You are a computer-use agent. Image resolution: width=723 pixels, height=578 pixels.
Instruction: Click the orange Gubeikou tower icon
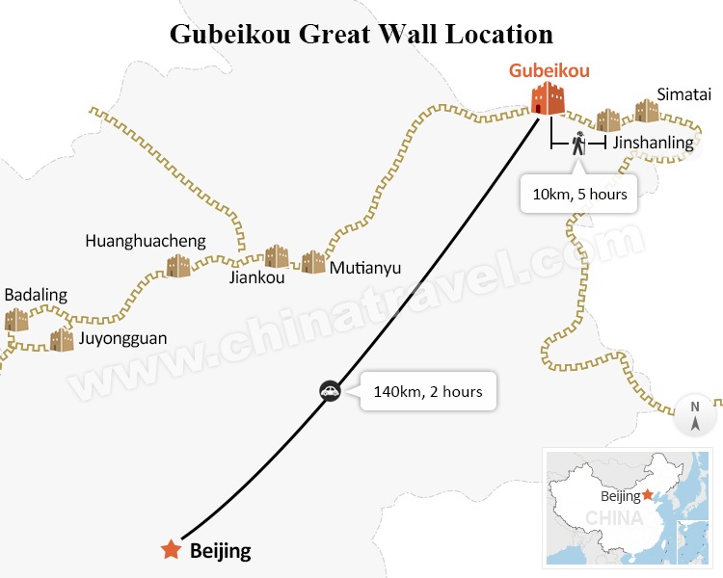(x=549, y=98)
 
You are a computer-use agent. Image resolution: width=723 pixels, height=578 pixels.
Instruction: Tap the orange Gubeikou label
(x=549, y=70)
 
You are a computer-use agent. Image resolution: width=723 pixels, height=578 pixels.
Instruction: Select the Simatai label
(x=684, y=93)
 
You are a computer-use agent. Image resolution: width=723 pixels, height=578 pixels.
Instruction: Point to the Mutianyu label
(x=364, y=268)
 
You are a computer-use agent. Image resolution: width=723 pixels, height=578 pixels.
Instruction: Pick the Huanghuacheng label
(x=146, y=241)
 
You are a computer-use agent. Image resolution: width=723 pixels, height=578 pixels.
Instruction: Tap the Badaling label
(x=36, y=295)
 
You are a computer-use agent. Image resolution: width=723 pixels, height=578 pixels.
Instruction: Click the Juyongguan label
(x=121, y=338)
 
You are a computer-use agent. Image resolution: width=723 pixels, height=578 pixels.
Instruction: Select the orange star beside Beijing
(x=172, y=550)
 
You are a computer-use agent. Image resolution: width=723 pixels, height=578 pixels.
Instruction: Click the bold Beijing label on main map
(x=221, y=551)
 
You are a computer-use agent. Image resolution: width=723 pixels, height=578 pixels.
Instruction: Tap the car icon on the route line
(x=330, y=391)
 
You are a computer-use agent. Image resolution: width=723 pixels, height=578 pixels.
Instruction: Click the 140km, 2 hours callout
(x=428, y=392)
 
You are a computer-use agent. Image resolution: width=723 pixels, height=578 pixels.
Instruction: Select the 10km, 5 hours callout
(x=579, y=194)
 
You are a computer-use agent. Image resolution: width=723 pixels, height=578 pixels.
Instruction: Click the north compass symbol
(x=695, y=413)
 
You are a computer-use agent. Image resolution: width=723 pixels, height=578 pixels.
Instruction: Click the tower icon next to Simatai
(x=647, y=111)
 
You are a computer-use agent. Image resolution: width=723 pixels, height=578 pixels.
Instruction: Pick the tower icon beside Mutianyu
(x=313, y=262)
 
